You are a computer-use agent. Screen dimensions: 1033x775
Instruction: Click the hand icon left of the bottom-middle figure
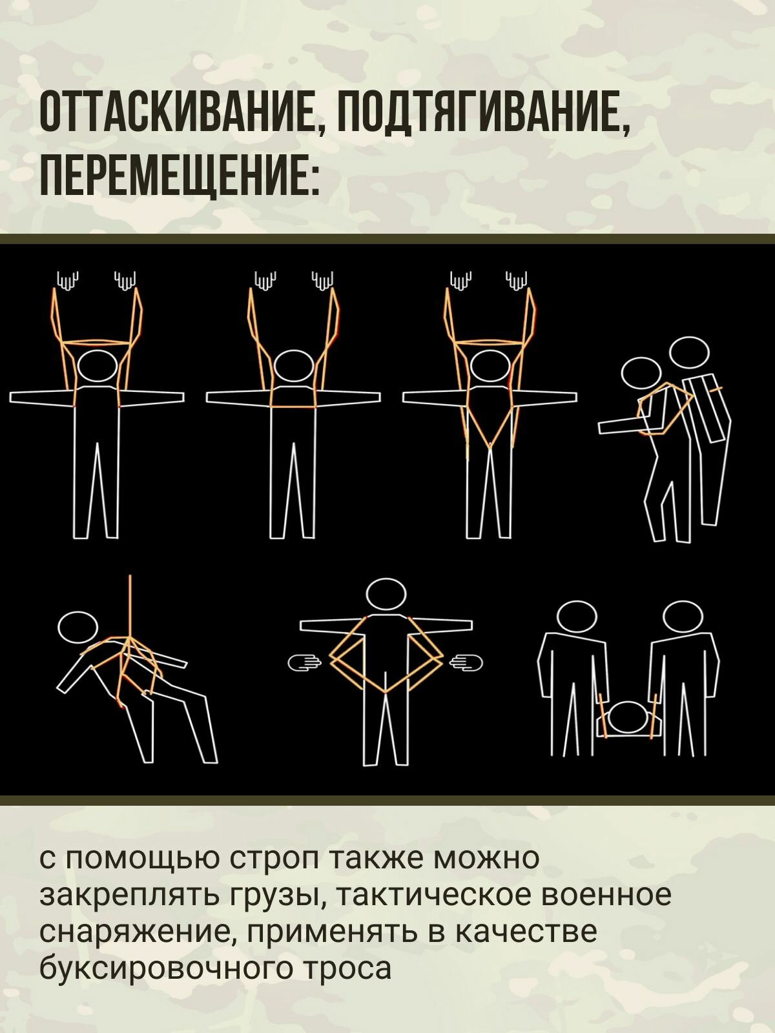[304, 662]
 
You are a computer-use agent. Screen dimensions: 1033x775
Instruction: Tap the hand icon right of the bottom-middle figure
[466, 662]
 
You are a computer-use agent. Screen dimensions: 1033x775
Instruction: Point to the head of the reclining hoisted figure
[77, 626]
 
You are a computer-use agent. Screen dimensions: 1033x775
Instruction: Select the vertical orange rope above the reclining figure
[130, 604]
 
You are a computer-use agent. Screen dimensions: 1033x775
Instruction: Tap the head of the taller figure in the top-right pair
[689, 353]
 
